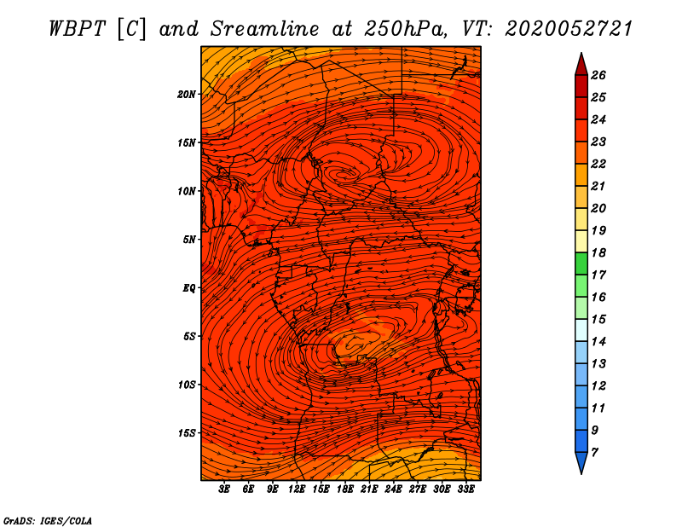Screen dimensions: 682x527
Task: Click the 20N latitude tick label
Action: pyautogui.click(x=186, y=95)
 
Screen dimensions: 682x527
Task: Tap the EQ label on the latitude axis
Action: pyautogui.click(x=188, y=288)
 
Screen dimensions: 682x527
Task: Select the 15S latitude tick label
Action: pyautogui.click(x=186, y=433)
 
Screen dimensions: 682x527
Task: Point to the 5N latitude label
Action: pyautogui.click(x=188, y=240)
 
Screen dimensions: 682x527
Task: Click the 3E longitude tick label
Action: pyautogui.click(x=224, y=489)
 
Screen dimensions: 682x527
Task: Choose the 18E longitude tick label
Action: pyautogui.click(x=344, y=489)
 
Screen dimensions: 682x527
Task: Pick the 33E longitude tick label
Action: pyautogui.click(x=465, y=489)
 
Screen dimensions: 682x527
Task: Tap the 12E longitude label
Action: pyautogui.click(x=296, y=489)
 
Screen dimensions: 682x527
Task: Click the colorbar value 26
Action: pyautogui.click(x=598, y=75)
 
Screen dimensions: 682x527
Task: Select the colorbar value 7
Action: pyautogui.click(x=594, y=452)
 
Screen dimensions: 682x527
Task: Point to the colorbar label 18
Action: pyautogui.click(x=598, y=252)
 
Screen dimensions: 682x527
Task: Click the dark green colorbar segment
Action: pyautogui.click(x=581, y=263)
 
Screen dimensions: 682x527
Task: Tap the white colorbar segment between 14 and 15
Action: pyautogui.click(x=581, y=330)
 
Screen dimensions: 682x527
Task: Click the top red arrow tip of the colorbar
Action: pyautogui.click(x=581, y=54)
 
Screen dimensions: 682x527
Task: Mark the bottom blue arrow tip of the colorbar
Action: pyautogui.click(x=581, y=473)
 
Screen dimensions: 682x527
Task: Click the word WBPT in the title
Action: pyautogui.click(x=78, y=29)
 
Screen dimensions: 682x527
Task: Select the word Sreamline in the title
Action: pyautogui.click(x=265, y=29)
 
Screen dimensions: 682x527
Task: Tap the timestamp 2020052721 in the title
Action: pyautogui.click(x=569, y=29)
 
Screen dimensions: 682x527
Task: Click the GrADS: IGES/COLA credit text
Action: pyautogui.click(x=48, y=521)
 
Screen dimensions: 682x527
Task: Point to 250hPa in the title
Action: pyautogui.click(x=406, y=29)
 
